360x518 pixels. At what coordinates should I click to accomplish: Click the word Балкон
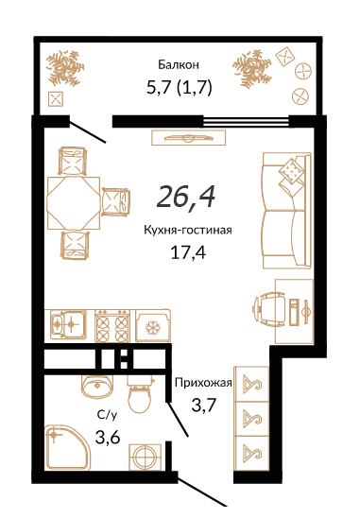(x=179, y=64)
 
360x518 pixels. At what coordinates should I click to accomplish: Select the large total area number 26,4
(x=186, y=197)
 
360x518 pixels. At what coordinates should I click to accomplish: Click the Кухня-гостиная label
(x=188, y=230)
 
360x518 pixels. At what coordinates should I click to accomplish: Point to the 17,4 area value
(x=188, y=252)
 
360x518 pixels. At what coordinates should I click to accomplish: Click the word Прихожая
(x=203, y=383)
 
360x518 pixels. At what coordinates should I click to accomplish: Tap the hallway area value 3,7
(x=204, y=405)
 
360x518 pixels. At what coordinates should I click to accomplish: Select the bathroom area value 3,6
(x=108, y=438)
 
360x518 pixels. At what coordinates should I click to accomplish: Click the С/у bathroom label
(x=107, y=415)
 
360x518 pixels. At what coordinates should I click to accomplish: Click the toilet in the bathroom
(x=141, y=394)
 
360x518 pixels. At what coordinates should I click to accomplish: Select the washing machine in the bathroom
(x=145, y=457)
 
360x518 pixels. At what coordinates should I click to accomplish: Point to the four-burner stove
(x=112, y=326)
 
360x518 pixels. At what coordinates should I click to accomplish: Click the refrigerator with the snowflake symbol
(x=153, y=326)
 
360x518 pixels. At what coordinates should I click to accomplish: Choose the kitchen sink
(x=67, y=324)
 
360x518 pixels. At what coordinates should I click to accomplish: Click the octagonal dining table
(x=74, y=203)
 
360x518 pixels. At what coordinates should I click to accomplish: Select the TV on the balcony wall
(x=189, y=137)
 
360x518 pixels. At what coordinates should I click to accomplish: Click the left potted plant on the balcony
(x=63, y=67)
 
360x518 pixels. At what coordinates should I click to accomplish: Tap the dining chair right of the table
(x=115, y=201)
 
